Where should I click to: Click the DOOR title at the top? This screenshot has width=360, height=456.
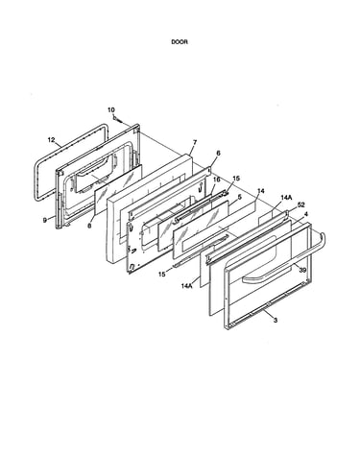(x=180, y=42)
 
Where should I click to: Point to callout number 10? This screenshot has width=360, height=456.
(x=111, y=109)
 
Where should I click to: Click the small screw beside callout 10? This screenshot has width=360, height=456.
(x=118, y=120)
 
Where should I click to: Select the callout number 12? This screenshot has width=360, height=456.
(x=51, y=140)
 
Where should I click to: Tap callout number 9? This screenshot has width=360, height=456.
(x=45, y=220)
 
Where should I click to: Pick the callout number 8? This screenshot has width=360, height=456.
(x=89, y=226)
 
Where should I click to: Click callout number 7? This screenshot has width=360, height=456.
(x=195, y=142)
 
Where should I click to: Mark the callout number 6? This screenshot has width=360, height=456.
(x=218, y=153)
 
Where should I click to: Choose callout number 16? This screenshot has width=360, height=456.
(x=217, y=180)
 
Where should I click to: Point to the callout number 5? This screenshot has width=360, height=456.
(x=240, y=197)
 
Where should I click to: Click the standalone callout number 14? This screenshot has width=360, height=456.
(x=261, y=191)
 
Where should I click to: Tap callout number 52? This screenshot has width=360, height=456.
(x=301, y=204)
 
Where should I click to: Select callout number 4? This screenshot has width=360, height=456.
(x=306, y=213)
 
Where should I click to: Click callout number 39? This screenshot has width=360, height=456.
(x=302, y=271)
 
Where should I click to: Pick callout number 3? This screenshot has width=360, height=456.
(x=276, y=320)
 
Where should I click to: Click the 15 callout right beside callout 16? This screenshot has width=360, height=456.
(x=236, y=179)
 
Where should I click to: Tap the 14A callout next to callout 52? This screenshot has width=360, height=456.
(x=286, y=198)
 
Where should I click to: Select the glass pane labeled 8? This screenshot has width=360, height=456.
(x=118, y=189)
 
